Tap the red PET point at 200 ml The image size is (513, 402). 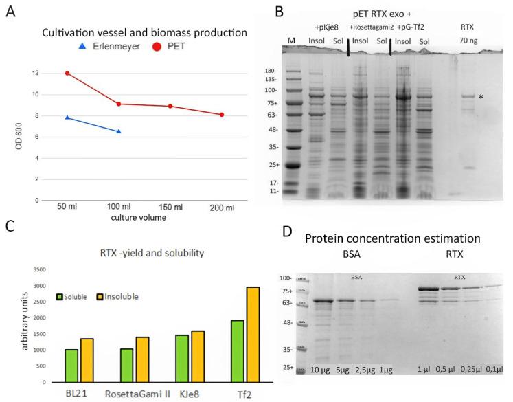221,115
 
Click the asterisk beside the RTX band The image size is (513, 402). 481,98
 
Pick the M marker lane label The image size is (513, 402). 290,41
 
